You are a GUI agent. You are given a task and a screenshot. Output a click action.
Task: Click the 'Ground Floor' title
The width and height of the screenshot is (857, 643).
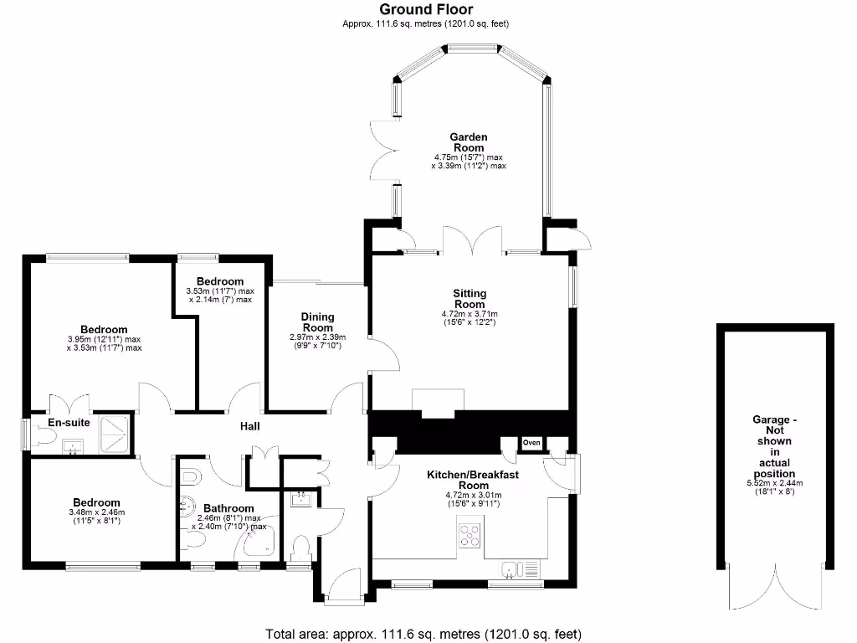tap(426, 9)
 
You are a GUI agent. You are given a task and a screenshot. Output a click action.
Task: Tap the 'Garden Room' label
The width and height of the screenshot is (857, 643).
tap(469, 142)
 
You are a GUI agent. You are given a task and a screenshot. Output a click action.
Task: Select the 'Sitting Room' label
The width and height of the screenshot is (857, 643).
tap(470, 299)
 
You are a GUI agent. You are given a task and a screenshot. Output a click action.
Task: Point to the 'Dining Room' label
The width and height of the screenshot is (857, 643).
tap(317, 322)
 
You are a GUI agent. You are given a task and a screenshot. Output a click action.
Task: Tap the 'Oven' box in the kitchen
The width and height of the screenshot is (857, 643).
tap(531, 443)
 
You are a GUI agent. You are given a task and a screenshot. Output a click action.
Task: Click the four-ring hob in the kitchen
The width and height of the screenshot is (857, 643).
tap(470, 535)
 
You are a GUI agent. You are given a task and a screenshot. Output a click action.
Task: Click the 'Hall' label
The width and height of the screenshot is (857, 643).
tap(249, 426)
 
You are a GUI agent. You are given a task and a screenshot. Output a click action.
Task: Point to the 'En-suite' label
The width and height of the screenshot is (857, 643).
tap(68, 423)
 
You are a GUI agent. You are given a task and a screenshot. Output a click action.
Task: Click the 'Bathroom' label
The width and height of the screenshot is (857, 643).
tap(228, 508)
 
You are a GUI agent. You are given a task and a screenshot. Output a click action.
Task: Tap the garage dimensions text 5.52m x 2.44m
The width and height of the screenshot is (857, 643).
tap(775, 483)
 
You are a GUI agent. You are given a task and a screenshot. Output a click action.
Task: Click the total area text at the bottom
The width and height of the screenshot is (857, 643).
tap(423, 633)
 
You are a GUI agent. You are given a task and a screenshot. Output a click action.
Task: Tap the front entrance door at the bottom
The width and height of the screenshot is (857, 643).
tap(345, 583)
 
